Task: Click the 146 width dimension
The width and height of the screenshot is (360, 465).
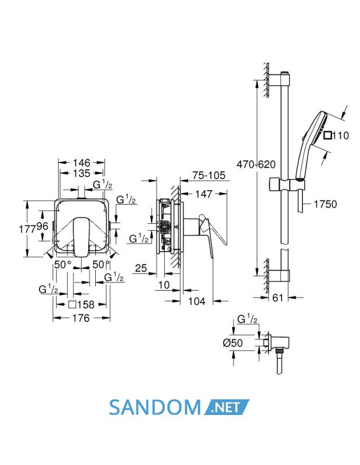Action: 81,163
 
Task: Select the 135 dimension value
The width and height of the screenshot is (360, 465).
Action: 81,173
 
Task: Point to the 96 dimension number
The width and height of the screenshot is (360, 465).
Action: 42,227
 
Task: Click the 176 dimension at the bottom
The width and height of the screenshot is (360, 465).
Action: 81,318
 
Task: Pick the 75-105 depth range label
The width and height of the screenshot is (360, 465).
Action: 209,176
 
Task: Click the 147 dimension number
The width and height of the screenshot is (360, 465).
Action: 204,194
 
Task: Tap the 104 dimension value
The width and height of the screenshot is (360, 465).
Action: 197,301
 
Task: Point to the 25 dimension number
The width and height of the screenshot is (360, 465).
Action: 141,268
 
